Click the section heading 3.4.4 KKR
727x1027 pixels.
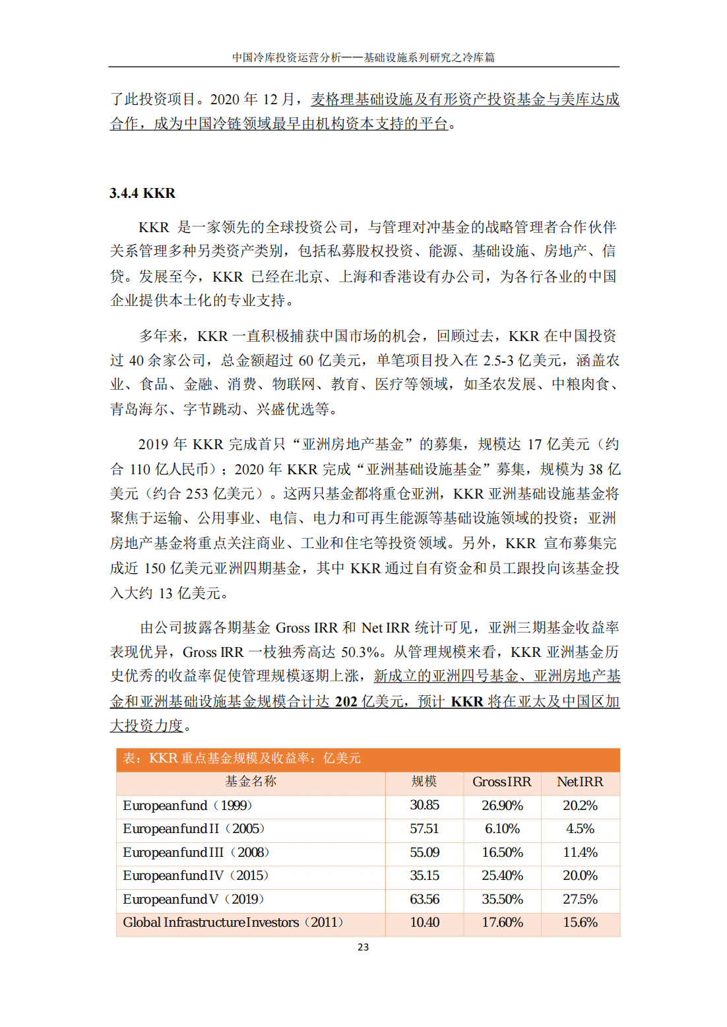pos(142,193)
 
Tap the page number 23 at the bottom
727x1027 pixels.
pos(363,947)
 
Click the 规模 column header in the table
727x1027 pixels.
pos(424,782)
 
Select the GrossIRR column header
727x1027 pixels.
pos(502,782)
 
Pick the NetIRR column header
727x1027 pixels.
pos(580,782)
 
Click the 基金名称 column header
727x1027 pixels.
pos(251,782)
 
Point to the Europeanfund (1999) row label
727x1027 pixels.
pos(187,805)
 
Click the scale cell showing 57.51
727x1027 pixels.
pos(424,828)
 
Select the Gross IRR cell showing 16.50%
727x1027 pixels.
pos(502,852)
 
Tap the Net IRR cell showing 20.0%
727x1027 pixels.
pos(580,875)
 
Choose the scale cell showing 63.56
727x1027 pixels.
pos(424,899)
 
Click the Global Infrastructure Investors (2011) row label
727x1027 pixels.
pos(233,922)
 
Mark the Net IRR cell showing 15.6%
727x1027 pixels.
pos(580,922)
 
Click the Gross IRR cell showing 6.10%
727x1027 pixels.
pos(502,828)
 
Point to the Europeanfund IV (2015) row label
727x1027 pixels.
pos(195,875)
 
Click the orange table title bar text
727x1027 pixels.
pos(241,759)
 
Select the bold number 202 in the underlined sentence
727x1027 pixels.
pos(346,702)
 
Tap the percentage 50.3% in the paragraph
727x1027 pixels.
pos(360,652)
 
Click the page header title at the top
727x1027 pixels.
pos(363,57)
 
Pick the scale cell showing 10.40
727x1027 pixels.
pos(424,922)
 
